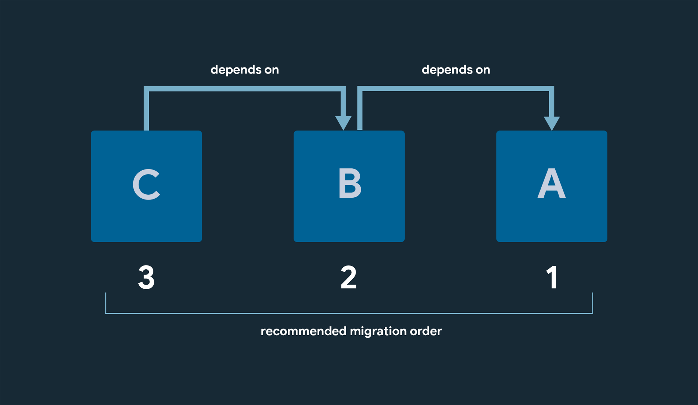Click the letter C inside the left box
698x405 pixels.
click(146, 184)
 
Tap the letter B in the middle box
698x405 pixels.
click(350, 183)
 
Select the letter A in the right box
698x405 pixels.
click(552, 183)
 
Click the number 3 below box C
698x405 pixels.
click(146, 277)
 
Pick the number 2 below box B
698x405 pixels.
click(348, 277)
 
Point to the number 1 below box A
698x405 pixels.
click(552, 277)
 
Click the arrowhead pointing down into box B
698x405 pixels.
click(343, 122)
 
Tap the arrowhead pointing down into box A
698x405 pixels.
click(552, 122)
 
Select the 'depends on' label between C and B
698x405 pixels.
click(245, 70)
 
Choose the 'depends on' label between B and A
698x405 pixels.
click(456, 70)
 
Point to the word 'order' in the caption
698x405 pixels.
click(426, 331)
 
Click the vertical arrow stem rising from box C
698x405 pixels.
click(146, 111)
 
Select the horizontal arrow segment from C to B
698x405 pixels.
click(244, 89)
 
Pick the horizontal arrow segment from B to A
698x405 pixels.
click(455, 88)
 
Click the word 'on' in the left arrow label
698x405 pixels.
click(271, 70)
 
